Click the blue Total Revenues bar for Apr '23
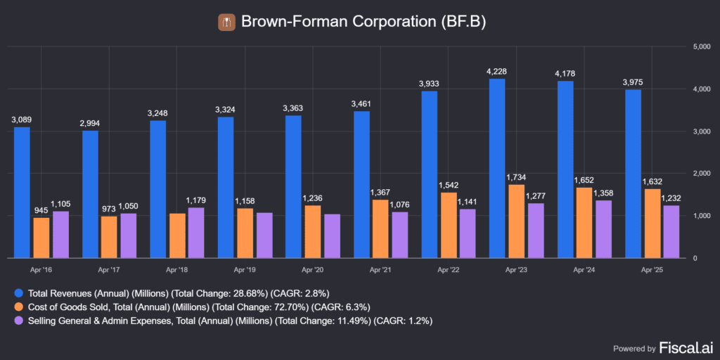tap(496, 168)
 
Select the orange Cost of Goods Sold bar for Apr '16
tap(41, 238)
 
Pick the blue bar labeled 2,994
tap(89, 194)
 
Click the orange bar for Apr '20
tap(313, 231)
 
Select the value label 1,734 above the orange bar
tap(516, 178)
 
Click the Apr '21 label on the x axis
tap(381, 269)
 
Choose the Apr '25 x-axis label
tap(652, 269)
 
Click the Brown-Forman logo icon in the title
tap(226, 22)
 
